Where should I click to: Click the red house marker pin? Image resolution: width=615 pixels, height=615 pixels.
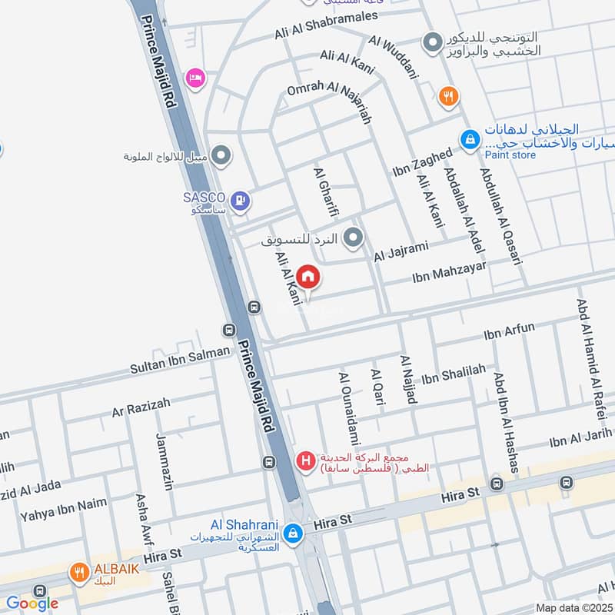pos(307,277)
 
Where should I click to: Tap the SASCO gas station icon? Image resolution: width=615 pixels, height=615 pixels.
pos(242,201)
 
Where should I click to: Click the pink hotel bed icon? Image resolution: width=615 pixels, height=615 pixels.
pos(195,78)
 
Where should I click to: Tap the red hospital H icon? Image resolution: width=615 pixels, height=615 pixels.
pos(306,461)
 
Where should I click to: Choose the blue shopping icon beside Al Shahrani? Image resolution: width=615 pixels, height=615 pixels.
pos(293,532)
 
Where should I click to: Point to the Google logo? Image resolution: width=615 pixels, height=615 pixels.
pos(32,603)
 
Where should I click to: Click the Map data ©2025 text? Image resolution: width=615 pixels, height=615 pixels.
pos(573,607)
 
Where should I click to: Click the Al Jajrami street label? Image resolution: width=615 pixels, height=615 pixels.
pos(400,251)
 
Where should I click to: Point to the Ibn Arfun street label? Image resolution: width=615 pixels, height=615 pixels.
pos(508,332)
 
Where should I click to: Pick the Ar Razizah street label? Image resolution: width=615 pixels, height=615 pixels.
pos(141,407)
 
